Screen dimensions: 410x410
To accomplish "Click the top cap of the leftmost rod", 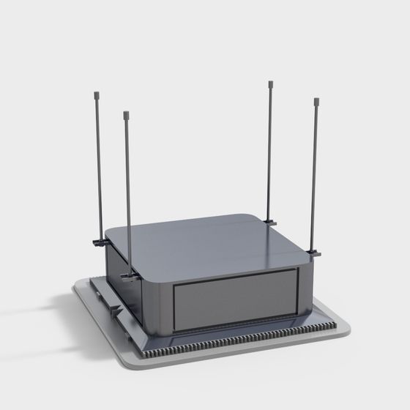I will [x=96, y=94].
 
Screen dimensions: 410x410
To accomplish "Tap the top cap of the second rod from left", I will [x=126, y=115].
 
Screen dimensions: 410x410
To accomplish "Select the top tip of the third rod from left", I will [x=271, y=83].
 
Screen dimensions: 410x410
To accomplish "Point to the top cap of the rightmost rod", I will [x=316, y=100].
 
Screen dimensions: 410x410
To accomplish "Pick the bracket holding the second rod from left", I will [x=130, y=275].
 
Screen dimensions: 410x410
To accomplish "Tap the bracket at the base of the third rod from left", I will [x=269, y=220].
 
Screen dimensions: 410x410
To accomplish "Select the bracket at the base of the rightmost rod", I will [x=314, y=253].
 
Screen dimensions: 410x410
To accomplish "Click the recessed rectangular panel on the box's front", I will [x=236, y=297].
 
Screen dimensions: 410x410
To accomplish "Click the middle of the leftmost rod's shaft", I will [x=97, y=168].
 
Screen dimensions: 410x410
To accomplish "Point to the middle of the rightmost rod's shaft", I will [x=316, y=176].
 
